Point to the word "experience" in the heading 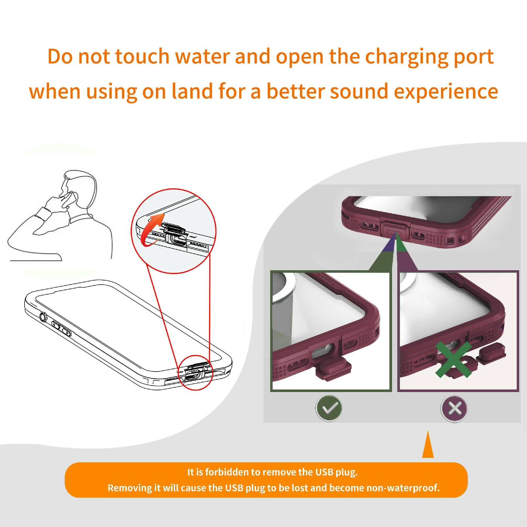pyautogui.click(x=446, y=93)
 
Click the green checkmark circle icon pyautogui.click(x=328, y=408)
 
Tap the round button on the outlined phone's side pyautogui.click(x=43, y=317)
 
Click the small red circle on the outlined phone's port pyautogui.click(x=195, y=372)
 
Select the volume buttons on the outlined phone pyautogui.click(x=61, y=328)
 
